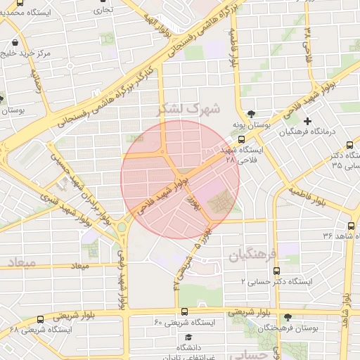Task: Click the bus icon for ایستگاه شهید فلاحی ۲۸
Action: (243, 139)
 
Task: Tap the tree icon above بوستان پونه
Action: (250, 114)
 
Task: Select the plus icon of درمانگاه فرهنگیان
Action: (307, 121)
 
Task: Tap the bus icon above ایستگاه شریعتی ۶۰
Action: (184, 311)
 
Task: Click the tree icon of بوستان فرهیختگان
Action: (288, 318)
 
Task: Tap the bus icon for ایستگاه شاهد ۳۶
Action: (351, 226)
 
